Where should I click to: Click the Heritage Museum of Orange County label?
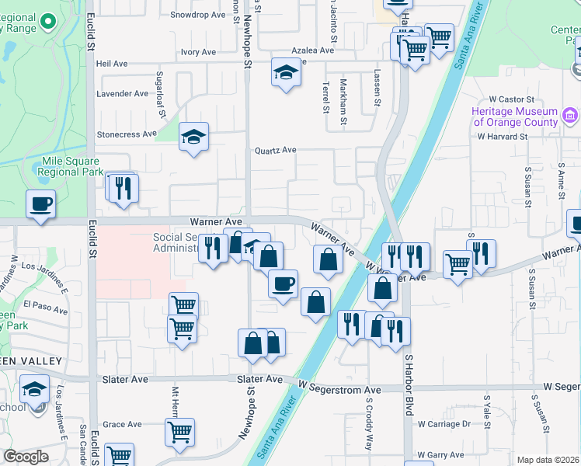pos(515,116)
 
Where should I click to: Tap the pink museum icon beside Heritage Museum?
pos(570,116)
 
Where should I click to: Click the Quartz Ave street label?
pos(277,150)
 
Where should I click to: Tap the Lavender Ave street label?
pos(122,93)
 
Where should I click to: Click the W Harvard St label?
pos(503,136)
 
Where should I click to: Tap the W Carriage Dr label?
pos(444,424)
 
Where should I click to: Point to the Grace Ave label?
pos(123,424)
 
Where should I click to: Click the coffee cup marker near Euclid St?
pos(40,203)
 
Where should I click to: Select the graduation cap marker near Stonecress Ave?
pos(193,137)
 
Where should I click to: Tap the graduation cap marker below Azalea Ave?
pos(286,72)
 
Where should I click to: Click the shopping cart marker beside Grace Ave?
pos(179,432)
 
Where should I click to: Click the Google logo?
pos(26,457)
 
